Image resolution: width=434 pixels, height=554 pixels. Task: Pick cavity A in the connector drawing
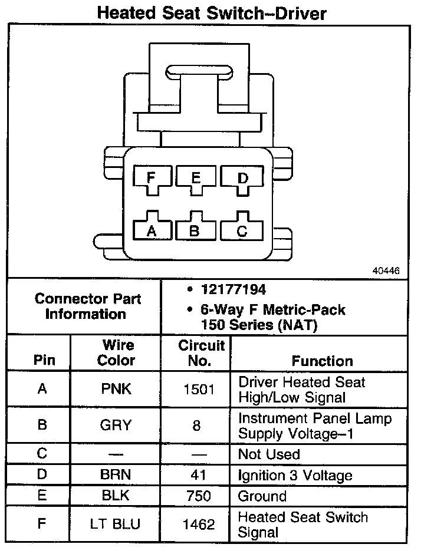pyautogui.click(x=152, y=229)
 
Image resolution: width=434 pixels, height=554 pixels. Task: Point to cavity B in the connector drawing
pyautogui.click(x=195, y=229)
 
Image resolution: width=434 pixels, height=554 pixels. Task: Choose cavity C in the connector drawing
pyautogui.click(x=242, y=229)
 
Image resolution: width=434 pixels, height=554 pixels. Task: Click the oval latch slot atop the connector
pyautogui.click(x=198, y=71)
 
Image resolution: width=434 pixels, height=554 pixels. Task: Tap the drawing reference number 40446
pyautogui.click(x=386, y=271)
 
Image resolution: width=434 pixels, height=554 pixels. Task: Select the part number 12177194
pyautogui.click(x=233, y=289)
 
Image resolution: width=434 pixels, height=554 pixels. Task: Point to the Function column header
pyautogui.click(x=323, y=361)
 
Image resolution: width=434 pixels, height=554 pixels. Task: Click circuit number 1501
pyautogui.click(x=196, y=390)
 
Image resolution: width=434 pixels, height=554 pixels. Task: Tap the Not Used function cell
pyautogui.click(x=269, y=454)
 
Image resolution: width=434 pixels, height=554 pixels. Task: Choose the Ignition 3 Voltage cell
pyautogui.click(x=295, y=476)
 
